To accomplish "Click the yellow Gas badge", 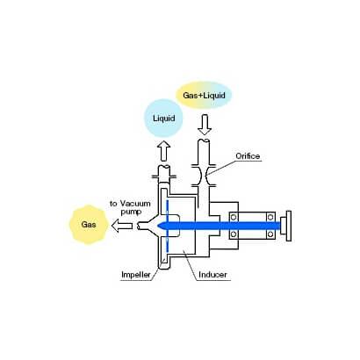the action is (89, 225).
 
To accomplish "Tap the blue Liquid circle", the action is (164, 119).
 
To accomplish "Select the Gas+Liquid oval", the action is (204, 95).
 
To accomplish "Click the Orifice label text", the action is (248, 156).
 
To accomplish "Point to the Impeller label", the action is (136, 275).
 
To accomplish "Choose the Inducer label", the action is (212, 275).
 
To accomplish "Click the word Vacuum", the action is (135, 204).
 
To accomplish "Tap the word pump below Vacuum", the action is (131, 212).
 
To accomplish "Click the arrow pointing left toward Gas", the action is (122, 226).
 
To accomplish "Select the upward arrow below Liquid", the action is (164, 150).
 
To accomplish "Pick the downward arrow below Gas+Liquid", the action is (205, 125).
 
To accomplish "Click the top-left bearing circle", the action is (234, 217).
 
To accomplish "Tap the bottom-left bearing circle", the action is (234, 234).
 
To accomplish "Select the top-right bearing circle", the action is (270, 217).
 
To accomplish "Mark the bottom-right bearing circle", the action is (270, 234).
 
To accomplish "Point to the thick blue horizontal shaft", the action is (220, 226).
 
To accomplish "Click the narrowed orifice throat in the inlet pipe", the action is (204, 175).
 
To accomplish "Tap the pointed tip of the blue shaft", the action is (158, 226).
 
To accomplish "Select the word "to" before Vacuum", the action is (113, 204).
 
